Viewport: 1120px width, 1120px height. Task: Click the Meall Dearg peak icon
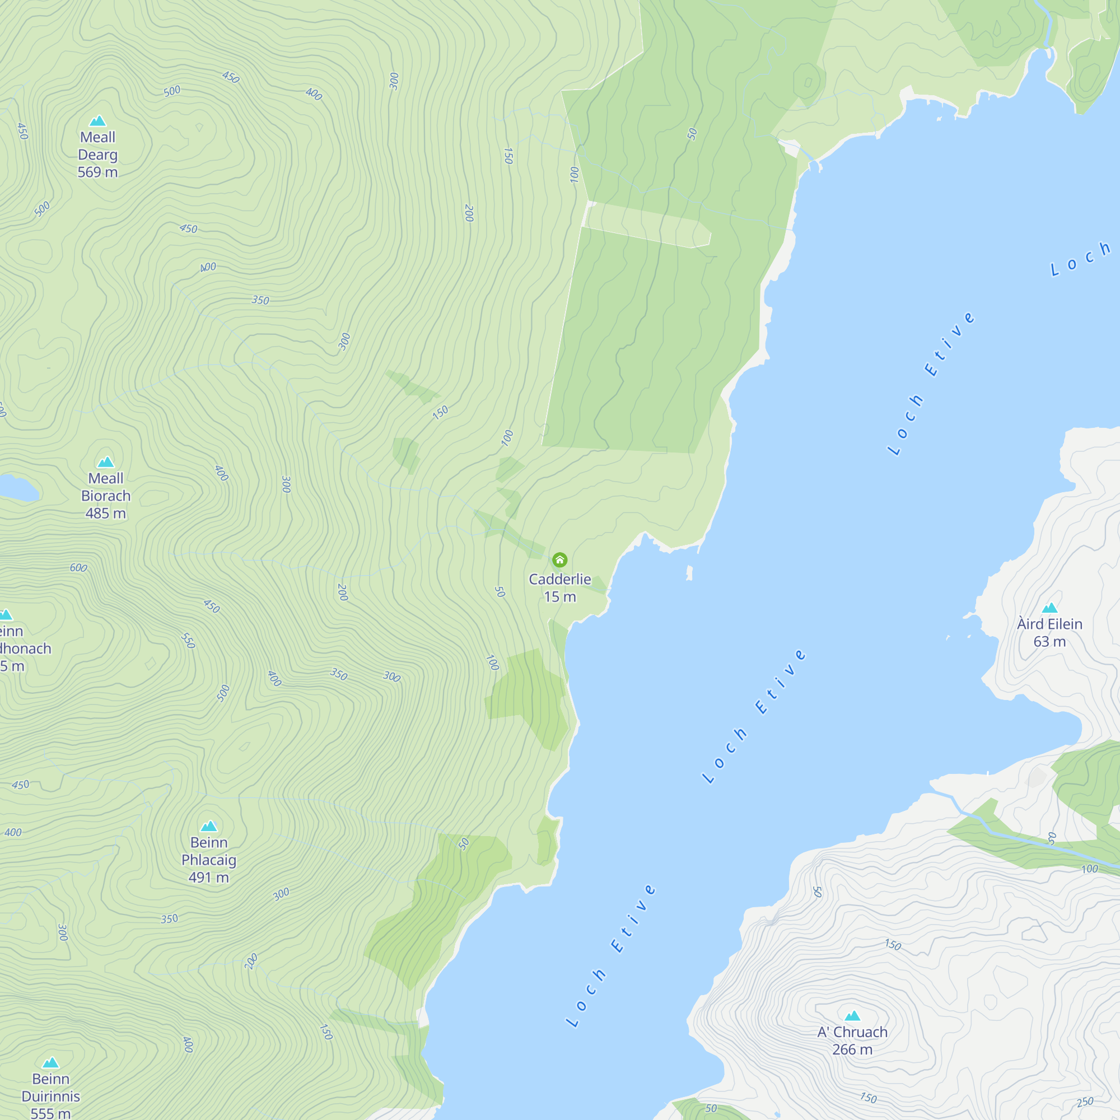[x=97, y=120]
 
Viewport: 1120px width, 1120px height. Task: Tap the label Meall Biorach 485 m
[x=105, y=496]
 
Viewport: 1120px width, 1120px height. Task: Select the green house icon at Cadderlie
[x=559, y=560]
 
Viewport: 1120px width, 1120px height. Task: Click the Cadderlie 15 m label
[x=559, y=588]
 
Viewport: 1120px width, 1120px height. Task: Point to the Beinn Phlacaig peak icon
[x=209, y=826]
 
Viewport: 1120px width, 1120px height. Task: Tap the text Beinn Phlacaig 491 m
[x=209, y=860]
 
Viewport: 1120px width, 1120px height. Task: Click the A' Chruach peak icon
[x=852, y=1016]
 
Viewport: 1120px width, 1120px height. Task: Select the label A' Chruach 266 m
[x=852, y=1040]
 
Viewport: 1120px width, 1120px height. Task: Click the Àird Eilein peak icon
[x=1050, y=608]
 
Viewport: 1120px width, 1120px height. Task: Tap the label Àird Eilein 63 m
[x=1050, y=632]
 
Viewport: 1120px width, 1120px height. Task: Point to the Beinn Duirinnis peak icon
[x=51, y=1063]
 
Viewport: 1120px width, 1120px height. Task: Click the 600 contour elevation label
[x=78, y=568]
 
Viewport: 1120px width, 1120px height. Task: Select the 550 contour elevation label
[x=188, y=641]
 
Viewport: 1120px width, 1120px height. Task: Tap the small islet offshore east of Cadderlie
[x=689, y=573]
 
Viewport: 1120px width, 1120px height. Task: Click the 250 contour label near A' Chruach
[x=1085, y=1102]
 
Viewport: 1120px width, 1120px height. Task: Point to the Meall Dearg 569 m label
[x=97, y=155]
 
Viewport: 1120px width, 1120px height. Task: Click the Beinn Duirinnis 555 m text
[x=51, y=1097]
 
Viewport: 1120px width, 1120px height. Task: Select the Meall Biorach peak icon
[x=105, y=462]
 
